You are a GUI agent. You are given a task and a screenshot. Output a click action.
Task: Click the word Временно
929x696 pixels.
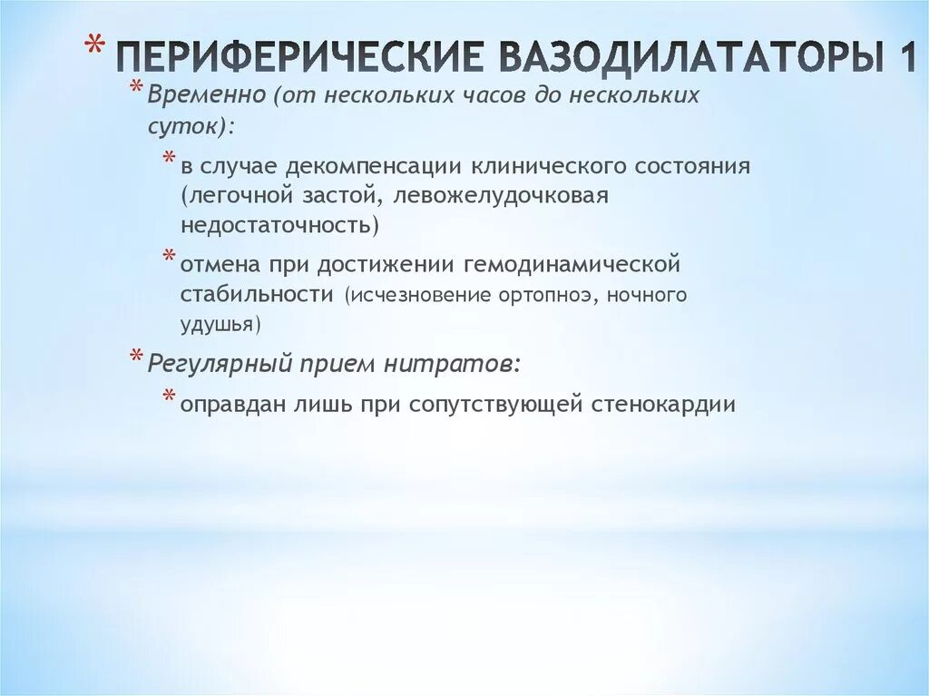208,96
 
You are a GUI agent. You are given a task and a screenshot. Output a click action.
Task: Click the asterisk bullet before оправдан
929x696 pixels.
170,398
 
